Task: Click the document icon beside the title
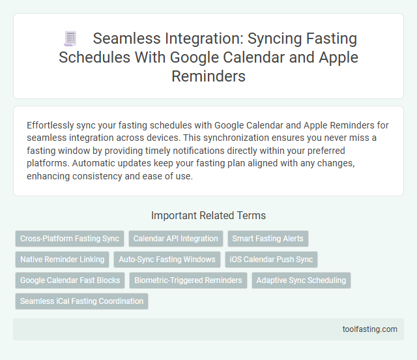[x=70, y=39]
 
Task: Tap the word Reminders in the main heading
[x=208, y=76]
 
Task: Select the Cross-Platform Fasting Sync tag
[x=70, y=239]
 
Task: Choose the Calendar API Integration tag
[x=176, y=239]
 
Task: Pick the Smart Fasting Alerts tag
[x=268, y=239]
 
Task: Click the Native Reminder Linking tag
[x=63, y=260]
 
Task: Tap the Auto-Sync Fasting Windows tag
[x=167, y=260]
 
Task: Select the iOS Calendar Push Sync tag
[x=272, y=260]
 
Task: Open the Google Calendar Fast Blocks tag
[x=70, y=280]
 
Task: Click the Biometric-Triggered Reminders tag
[x=188, y=280]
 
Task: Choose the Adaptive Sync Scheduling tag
[x=301, y=280]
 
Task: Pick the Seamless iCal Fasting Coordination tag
[x=81, y=301]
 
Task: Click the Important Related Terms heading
[x=208, y=215]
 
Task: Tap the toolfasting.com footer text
[x=369, y=329]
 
